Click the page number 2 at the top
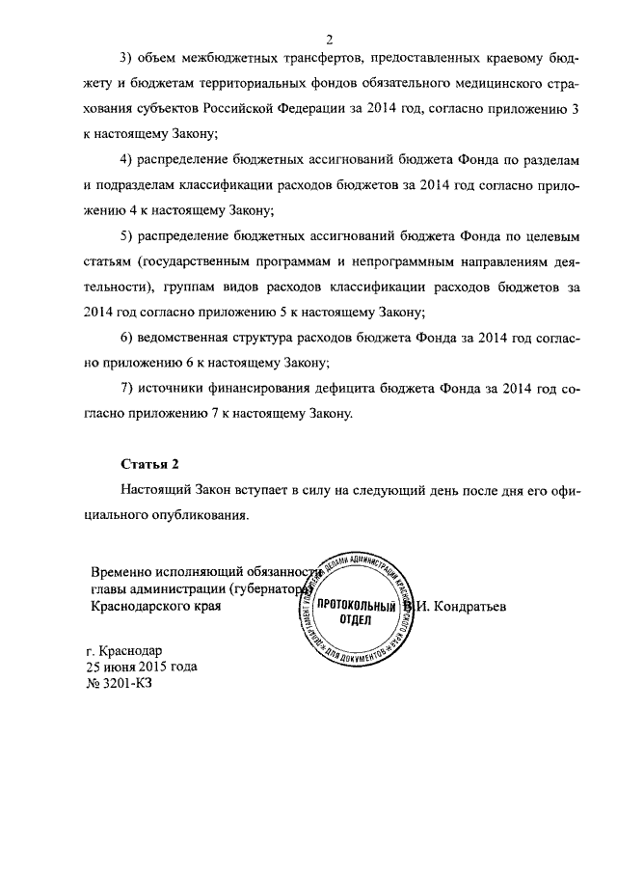(x=329, y=39)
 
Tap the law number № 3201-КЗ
(x=121, y=683)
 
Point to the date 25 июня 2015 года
(x=143, y=666)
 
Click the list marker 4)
(x=128, y=157)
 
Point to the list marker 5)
(x=128, y=235)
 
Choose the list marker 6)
(x=128, y=339)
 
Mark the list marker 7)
(x=128, y=391)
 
